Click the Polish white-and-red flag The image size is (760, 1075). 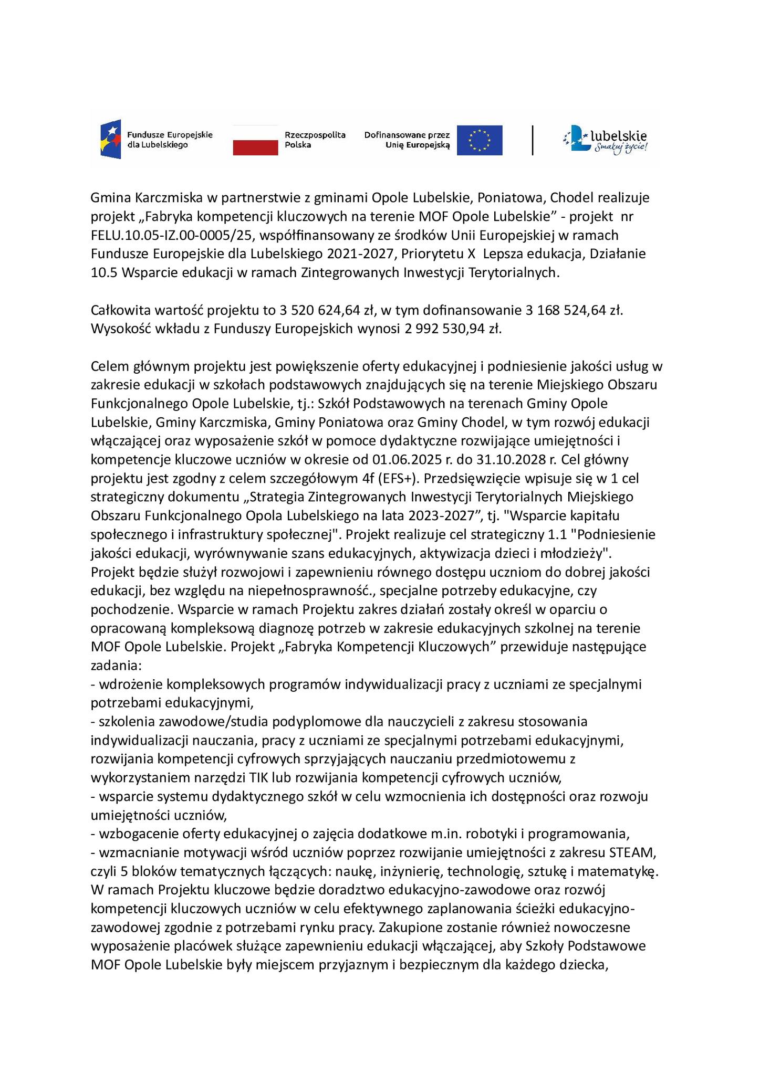click(255, 140)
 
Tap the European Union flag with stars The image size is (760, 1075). click(479, 140)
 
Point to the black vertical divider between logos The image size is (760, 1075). click(533, 140)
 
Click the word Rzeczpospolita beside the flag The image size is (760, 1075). click(315, 135)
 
